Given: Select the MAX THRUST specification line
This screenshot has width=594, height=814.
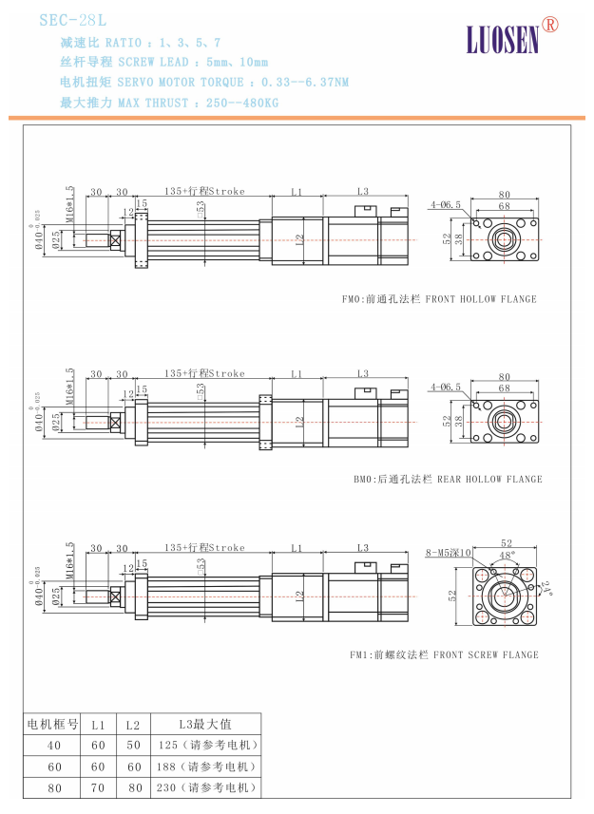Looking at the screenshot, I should [x=169, y=102].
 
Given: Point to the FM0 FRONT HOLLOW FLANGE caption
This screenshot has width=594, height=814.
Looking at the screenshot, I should [x=439, y=299].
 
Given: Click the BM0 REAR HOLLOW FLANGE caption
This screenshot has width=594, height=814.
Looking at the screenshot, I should [x=448, y=479].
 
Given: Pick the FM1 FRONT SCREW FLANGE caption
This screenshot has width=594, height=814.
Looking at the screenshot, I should [x=444, y=654].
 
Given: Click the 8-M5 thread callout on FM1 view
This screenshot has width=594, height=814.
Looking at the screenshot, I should [x=449, y=553].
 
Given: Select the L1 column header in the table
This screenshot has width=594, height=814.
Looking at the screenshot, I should [x=98, y=724].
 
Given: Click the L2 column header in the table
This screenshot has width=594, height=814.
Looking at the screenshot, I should [x=133, y=724].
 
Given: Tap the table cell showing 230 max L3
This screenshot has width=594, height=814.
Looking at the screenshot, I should [x=204, y=787].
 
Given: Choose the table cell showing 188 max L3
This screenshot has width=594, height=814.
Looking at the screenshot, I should [x=204, y=766].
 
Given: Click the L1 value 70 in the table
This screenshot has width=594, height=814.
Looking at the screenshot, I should [x=98, y=787].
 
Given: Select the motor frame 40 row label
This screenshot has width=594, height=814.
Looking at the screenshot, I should [x=53, y=745].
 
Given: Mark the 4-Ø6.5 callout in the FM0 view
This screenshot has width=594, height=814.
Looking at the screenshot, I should [x=445, y=204].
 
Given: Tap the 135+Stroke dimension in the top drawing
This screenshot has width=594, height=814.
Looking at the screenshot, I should [x=203, y=191].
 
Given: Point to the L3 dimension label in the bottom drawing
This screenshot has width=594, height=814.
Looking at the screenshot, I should [x=362, y=547].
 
